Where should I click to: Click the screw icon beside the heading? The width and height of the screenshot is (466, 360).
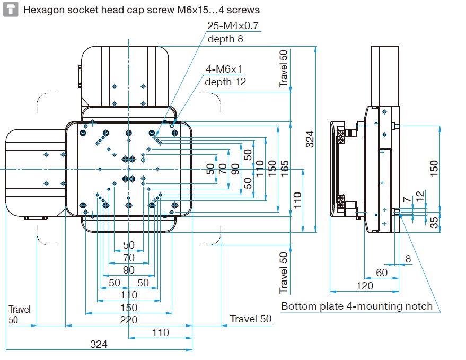(10, 10)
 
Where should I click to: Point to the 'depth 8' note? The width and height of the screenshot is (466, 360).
(225, 39)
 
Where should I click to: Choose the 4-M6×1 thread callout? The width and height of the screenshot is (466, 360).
(223, 69)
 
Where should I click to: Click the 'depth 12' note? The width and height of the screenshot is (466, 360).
(225, 82)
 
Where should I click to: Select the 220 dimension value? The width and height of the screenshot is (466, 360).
(128, 320)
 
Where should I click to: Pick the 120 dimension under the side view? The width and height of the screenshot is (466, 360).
(365, 286)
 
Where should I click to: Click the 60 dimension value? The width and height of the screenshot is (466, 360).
(381, 273)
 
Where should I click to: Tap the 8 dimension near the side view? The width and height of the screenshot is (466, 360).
(408, 259)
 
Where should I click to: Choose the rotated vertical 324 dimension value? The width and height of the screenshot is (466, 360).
(310, 139)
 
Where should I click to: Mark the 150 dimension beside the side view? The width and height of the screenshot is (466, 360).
(434, 168)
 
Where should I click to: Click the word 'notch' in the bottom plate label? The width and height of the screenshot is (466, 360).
(419, 306)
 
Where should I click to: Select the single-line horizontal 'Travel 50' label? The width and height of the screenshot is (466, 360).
(250, 319)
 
